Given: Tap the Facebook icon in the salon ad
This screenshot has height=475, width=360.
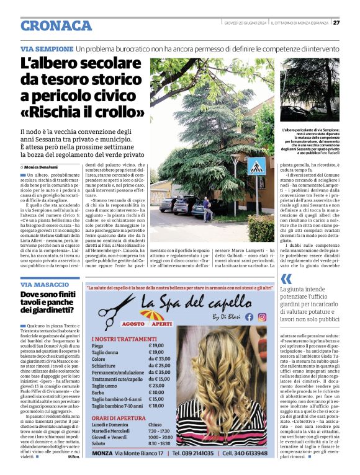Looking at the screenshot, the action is pos(249,316).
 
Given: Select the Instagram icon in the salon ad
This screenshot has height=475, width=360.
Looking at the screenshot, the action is pos(262,316).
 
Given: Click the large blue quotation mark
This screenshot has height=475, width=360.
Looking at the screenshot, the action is pos(286,279).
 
